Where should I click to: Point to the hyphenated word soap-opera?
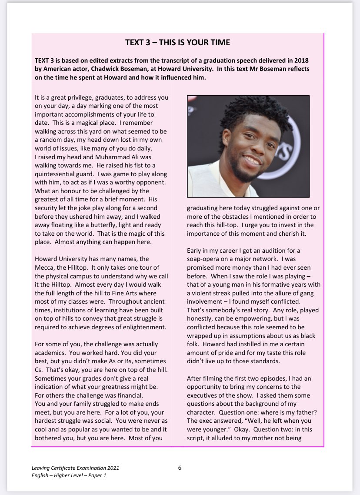204,260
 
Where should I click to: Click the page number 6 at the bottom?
180,468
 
